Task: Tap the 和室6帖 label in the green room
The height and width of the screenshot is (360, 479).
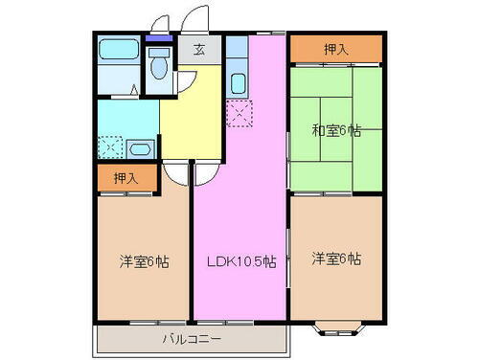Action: (x=336, y=132)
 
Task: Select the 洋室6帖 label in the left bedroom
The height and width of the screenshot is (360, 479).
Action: (x=144, y=260)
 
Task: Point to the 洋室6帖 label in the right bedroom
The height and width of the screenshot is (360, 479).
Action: (x=336, y=259)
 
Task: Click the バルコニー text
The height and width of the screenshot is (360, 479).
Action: (x=191, y=339)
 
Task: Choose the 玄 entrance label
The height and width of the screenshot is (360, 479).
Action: (x=199, y=51)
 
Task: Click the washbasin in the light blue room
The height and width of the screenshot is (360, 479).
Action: (x=139, y=149)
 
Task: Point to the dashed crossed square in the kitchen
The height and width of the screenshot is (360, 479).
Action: (x=239, y=115)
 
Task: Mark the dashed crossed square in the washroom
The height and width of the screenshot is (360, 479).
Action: (x=110, y=149)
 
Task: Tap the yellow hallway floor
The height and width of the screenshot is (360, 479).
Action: (x=192, y=115)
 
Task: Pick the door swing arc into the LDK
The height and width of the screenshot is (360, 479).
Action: (x=207, y=173)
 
